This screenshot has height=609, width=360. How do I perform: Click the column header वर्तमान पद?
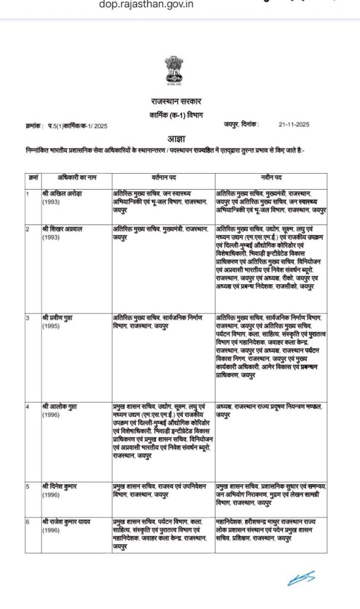click(162, 178)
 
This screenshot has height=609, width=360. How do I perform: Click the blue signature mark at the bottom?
click(302, 577)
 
